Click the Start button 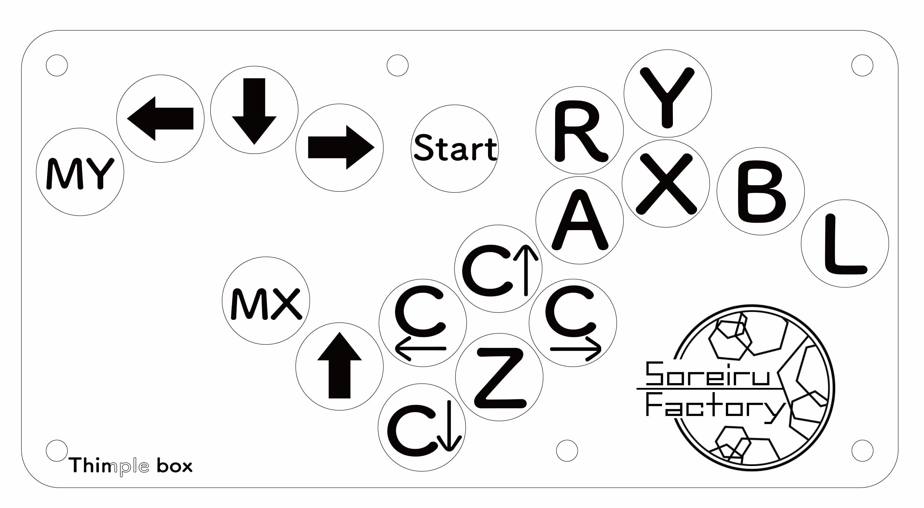[454, 148]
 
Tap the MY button [80, 172]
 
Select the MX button [266, 301]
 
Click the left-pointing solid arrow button [160, 119]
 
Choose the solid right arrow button [339, 148]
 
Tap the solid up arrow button [339, 366]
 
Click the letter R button [580, 130]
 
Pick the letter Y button [667, 93]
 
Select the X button [666, 183]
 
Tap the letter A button [580, 220]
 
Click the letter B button [760, 191]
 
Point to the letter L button [845, 244]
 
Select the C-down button [422, 428]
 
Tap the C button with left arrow [422, 323]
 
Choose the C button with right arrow [573, 323]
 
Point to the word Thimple [109, 466]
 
